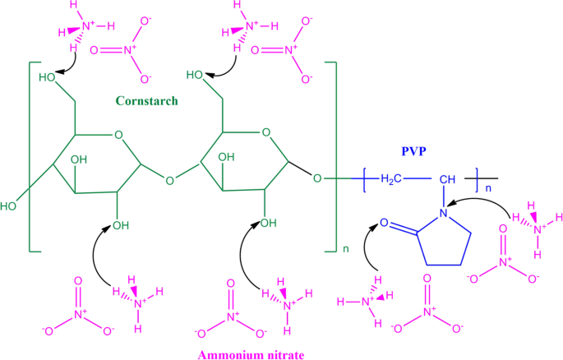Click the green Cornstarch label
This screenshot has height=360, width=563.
click(x=147, y=101)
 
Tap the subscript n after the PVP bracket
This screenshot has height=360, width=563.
click(x=487, y=187)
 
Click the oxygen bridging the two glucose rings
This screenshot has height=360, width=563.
click(x=169, y=177)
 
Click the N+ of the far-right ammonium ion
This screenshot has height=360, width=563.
click(x=537, y=229)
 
